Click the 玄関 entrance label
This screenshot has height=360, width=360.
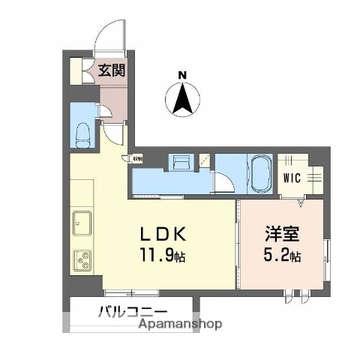coord(113,71)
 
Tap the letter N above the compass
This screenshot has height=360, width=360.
coord(181,74)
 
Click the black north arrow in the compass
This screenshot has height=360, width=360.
coord(181,99)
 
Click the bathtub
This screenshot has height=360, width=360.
coord(260,174)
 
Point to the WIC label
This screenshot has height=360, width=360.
coord(292,178)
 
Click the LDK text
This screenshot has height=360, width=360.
coord(160,232)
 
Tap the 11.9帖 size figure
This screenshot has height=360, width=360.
coord(160,256)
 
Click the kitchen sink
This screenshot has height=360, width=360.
coord(81,223)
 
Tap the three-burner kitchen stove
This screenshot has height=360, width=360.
coord(81,260)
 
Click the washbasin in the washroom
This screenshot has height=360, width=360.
coord(181,163)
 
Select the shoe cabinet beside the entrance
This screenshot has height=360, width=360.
coord(76,70)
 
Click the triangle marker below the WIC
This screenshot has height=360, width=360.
coord(301,202)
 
